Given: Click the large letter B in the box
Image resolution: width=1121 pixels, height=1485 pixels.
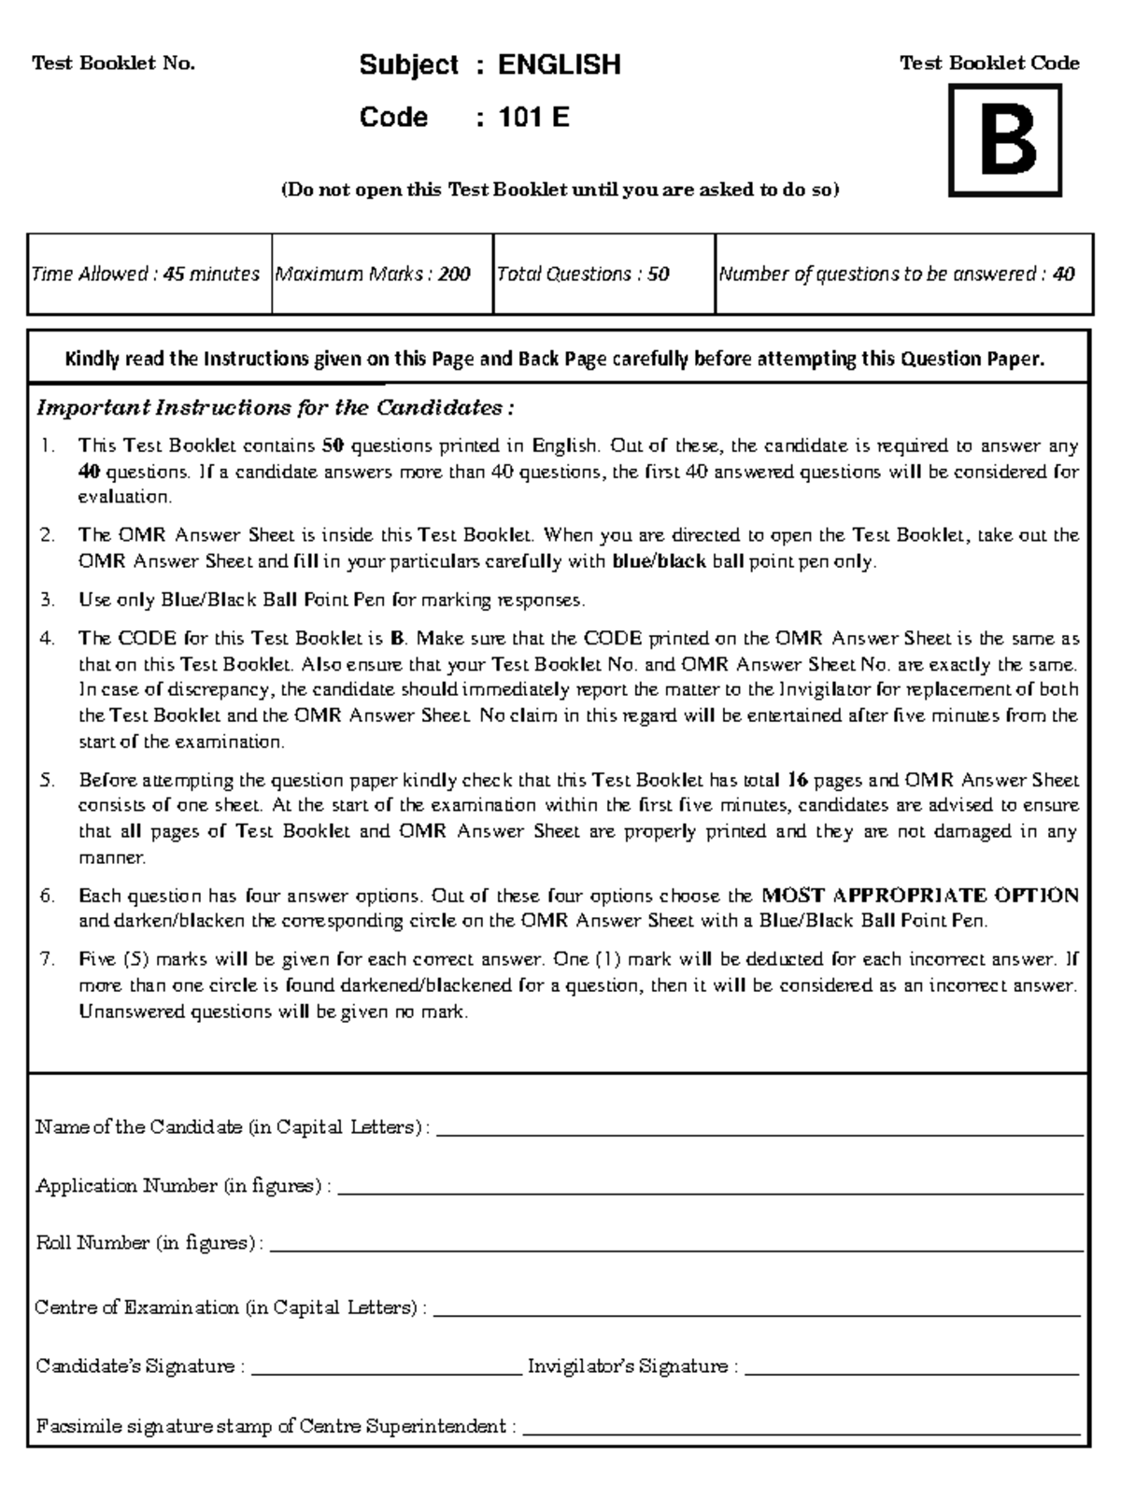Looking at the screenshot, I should (1005, 142).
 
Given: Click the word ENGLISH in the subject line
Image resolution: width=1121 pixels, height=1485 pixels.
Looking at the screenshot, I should (559, 64).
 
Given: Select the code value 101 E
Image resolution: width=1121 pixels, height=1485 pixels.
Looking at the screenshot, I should (533, 118).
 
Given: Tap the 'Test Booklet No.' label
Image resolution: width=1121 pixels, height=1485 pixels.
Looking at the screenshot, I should (113, 64).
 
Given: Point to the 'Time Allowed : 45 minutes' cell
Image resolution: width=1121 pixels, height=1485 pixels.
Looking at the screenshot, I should (147, 275).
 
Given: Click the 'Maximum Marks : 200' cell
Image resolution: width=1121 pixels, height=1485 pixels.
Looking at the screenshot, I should (373, 275).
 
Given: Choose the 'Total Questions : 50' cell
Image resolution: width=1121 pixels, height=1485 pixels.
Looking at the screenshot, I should (583, 275).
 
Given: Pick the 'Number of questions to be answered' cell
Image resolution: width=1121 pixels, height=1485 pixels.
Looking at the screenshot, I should (897, 275).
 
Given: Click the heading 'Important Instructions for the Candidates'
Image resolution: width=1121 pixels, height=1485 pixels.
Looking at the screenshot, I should (275, 408).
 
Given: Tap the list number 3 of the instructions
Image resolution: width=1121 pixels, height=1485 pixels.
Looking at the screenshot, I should (47, 600).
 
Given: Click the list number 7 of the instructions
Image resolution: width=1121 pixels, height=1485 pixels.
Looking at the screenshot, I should (47, 959).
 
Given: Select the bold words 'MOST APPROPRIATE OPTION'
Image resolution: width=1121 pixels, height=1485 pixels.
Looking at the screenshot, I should (920, 896).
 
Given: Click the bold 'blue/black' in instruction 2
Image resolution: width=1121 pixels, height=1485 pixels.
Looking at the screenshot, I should (659, 562).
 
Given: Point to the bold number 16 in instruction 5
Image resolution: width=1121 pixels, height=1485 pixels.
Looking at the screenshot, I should (796, 780).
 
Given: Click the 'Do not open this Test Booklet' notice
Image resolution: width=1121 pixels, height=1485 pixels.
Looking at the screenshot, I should (560, 191).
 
